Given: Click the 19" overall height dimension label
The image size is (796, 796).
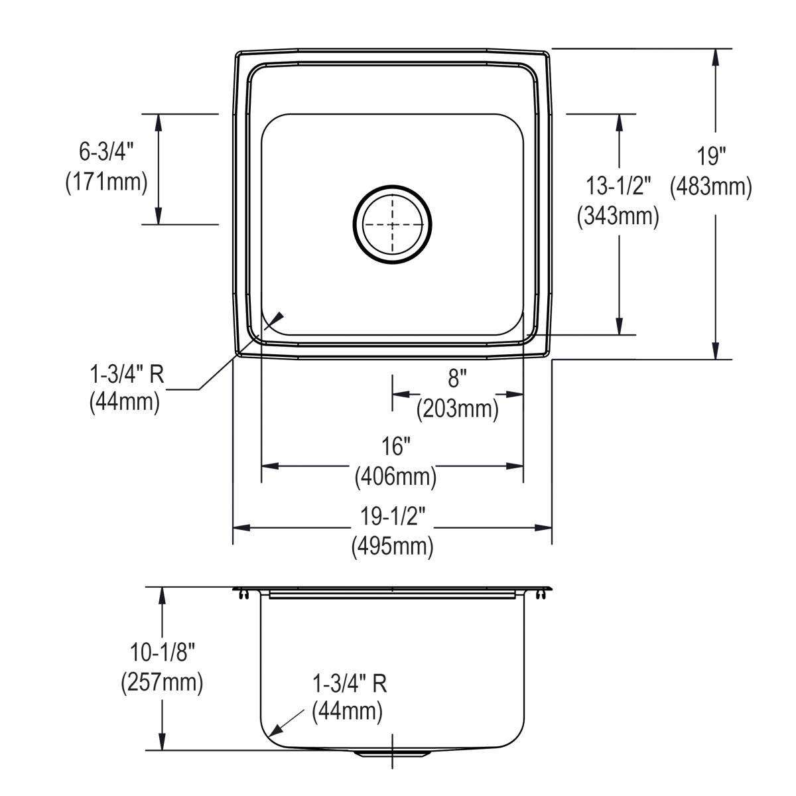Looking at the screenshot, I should [711, 157].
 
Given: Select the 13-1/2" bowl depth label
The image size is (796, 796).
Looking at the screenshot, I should [618, 186].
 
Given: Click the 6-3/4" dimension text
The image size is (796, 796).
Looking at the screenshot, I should [106, 152].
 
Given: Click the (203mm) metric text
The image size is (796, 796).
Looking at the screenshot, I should [457, 409].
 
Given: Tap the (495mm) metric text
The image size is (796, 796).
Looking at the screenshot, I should [393, 546].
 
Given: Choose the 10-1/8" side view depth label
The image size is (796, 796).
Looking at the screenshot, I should [162, 653].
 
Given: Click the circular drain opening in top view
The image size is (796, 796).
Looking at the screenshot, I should [392, 224].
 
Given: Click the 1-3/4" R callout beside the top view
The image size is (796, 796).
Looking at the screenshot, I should [127, 375].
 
